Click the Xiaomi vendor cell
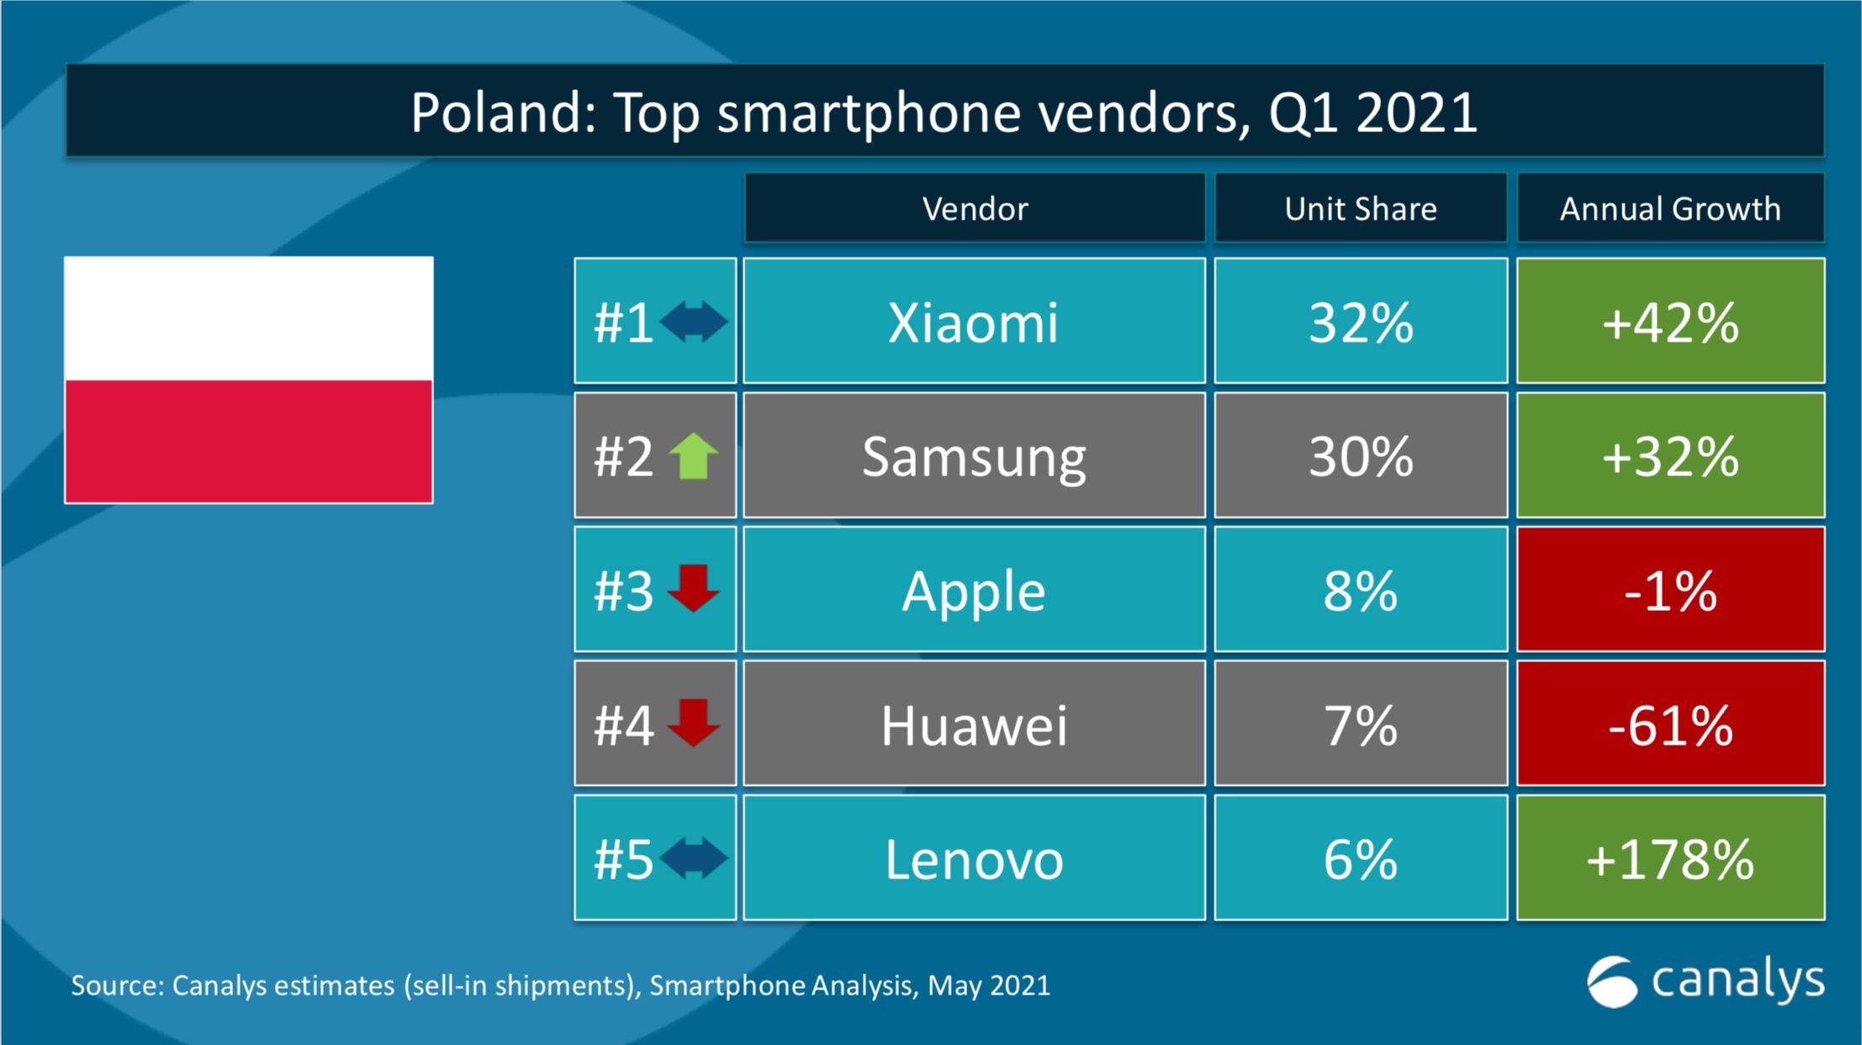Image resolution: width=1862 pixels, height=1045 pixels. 973,321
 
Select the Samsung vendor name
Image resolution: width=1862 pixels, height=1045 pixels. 973,456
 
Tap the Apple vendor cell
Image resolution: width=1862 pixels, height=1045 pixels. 973,590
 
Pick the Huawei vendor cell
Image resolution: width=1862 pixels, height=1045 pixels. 973,724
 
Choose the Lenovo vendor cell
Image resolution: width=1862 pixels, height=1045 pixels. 973,859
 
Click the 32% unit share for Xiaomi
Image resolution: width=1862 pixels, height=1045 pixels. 1360,321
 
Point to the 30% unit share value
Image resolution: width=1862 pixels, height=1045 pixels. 1360,456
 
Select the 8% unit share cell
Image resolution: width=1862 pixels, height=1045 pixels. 1360,590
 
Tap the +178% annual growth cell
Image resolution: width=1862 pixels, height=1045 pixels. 1670,859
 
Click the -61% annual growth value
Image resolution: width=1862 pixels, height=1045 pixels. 1670,724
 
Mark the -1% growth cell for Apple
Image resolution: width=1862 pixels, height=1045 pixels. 1670,590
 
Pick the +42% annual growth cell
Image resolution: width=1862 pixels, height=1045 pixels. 1670,321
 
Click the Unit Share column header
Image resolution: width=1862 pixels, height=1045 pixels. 1360,209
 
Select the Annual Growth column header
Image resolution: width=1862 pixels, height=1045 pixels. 1670,209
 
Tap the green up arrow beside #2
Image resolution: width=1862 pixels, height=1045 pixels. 693,456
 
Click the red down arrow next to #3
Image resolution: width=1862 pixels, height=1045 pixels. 693,588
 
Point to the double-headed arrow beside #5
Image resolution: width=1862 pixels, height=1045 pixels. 693,859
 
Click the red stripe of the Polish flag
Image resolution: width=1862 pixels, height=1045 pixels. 249,441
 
